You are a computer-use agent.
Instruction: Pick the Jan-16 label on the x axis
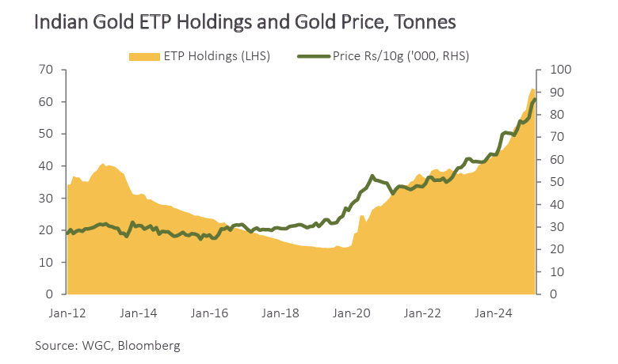click(209, 313)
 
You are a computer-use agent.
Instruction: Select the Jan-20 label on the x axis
click(352, 313)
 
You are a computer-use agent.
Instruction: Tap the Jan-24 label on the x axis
click(494, 313)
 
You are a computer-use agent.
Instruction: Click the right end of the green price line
click(535, 99)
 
